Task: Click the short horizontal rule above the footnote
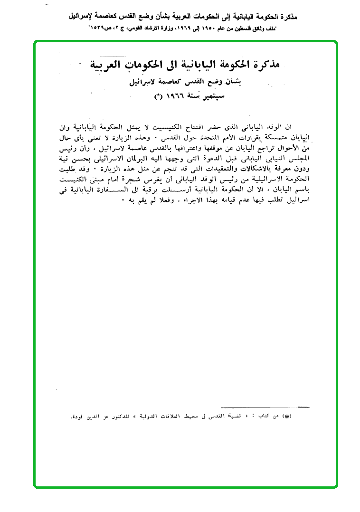click(x=298, y=407)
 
